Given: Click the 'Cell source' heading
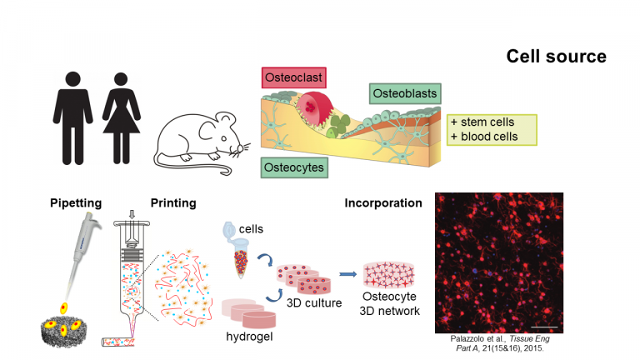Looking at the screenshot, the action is click(x=557, y=57).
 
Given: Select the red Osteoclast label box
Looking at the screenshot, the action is click(x=294, y=77).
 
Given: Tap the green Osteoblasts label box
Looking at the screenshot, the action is click(x=405, y=93).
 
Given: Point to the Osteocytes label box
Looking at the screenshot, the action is click(x=294, y=167).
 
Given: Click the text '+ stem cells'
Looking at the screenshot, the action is click(x=482, y=122).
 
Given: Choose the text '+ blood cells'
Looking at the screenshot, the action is click(x=484, y=137).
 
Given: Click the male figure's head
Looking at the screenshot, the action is click(x=72, y=79).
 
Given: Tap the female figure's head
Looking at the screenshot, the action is click(x=121, y=79).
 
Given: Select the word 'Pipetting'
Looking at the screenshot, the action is click(x=76, y=203).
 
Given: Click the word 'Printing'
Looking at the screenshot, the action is click(x=173, y=203).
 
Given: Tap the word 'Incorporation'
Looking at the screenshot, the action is click(x=383, y=203).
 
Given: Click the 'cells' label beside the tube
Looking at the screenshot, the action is click(x=251, y=229).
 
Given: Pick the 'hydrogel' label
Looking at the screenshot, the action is click(x=249, y=337).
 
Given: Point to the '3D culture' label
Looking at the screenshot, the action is click(x=314, y=302).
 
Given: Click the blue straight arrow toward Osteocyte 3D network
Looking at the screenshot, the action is click(x=347, y=274).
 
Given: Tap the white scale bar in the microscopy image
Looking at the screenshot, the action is click(x=544, y=327).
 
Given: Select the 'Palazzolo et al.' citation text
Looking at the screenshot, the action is click(x=478, y=339).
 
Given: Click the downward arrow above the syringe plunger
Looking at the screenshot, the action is click(x=132, y=214).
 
